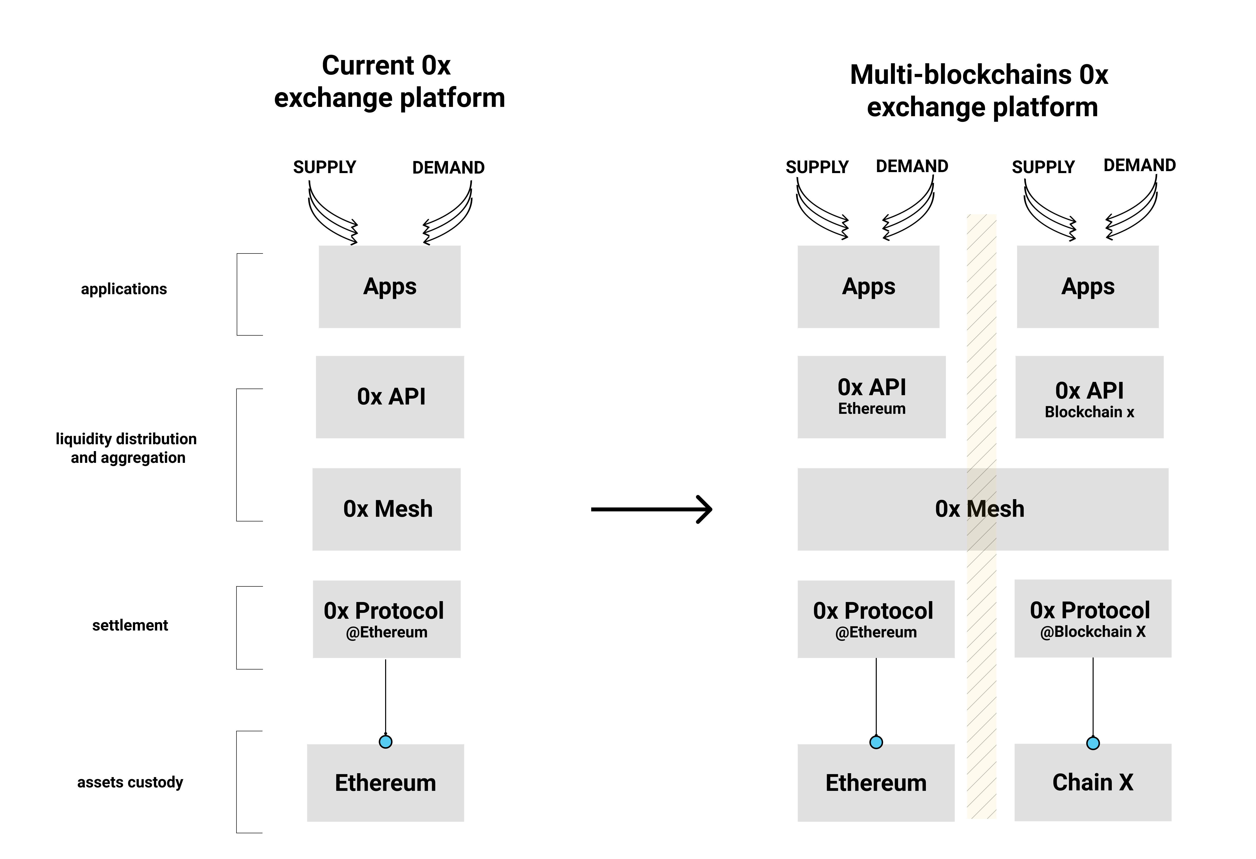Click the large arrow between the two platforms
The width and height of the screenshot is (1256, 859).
(x=652, y=509)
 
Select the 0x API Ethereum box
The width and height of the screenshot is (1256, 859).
(x=872, y=397)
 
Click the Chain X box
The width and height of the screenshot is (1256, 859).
(x=1093, y=782)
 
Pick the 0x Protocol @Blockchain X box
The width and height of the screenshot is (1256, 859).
(x=1093, y=619)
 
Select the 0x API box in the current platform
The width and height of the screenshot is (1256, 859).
(x=390, y=397)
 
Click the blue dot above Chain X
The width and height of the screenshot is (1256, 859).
(x=1093, y=743)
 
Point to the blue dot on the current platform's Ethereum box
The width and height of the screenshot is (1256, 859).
(x=385, y=742)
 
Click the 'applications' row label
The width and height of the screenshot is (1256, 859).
(x=124, y=289)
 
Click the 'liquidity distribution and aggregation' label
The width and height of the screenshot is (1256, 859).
(x=127, y=448)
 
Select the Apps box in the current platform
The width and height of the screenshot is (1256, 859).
(x=390, y=287)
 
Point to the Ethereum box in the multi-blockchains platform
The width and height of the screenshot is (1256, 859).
(x=876, y=783)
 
